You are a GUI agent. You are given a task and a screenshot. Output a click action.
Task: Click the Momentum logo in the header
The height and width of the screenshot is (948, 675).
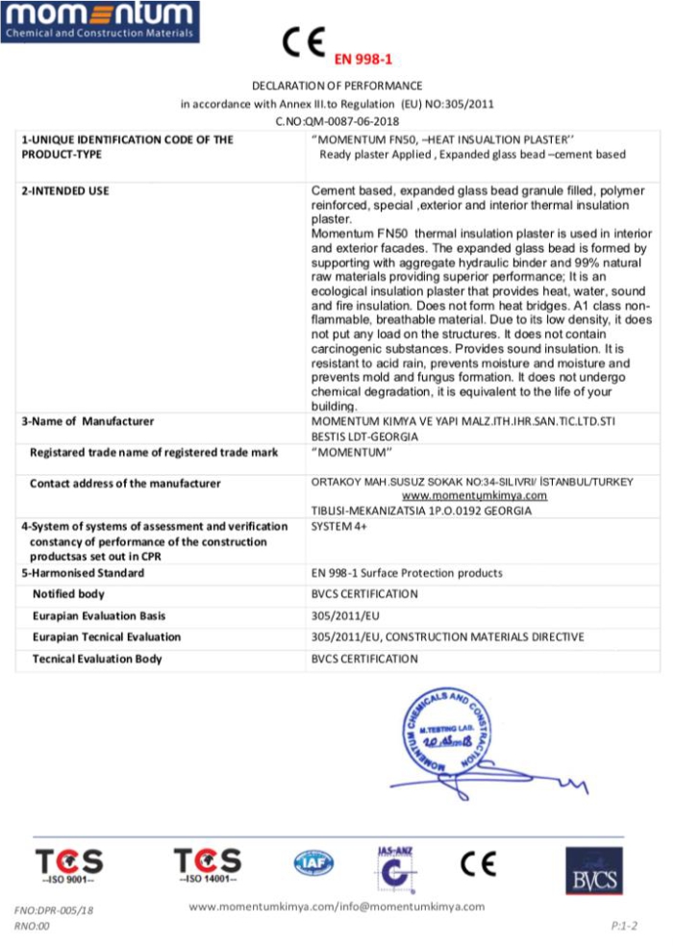click(x=100, y=21)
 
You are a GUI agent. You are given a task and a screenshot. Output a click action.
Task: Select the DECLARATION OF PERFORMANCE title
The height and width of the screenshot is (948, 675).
click(x=337, y=86)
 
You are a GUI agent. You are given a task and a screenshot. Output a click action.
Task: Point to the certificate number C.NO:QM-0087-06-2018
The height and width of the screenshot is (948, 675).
click(x=337, y=120)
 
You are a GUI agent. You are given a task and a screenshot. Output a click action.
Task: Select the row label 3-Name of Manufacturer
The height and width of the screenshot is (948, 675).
click(x=87, y=421)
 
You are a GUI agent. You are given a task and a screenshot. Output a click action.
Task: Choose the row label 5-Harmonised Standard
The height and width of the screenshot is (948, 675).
click(x=83, y=573)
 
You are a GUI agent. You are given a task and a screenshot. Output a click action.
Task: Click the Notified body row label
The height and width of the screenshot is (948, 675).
click(x=68, y=594)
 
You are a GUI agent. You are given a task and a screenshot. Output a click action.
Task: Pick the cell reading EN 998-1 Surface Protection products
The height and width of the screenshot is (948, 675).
click(x=407, y=573)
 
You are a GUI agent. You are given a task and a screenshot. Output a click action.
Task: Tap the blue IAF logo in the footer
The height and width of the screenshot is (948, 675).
click(x=313, y=863)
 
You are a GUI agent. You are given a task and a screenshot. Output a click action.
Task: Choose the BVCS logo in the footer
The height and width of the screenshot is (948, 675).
click(x=593, y=870)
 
